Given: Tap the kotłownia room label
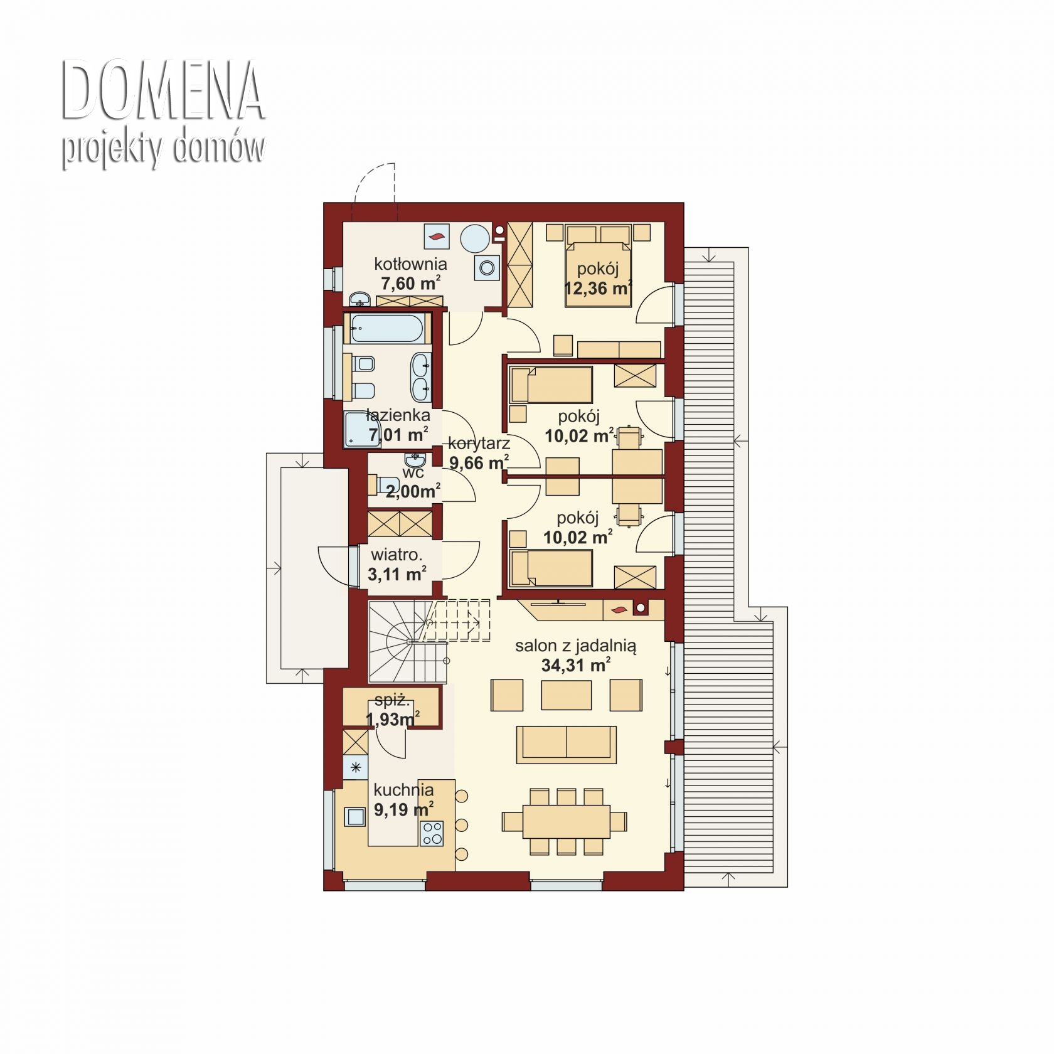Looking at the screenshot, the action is click(410, 263).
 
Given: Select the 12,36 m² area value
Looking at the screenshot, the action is click(598, 289).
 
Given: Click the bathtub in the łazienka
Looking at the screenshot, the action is click(387, 328).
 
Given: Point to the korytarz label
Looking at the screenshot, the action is click(479, 443).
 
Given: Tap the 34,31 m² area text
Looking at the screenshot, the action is click(576, 665).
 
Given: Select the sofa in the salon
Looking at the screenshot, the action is click(567, 745).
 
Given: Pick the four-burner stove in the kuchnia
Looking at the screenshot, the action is click(432, 833).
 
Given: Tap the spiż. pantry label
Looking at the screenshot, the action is click(392, 701).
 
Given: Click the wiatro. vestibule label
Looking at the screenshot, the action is click(397, 555).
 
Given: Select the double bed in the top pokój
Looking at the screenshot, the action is click(598, 266).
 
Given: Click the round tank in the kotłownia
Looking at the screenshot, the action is click(475, 239).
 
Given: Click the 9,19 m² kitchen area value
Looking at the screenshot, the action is click(403, 809).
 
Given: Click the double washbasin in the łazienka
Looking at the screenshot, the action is click(422, 376).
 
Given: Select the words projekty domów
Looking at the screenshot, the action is click(163, 149).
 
